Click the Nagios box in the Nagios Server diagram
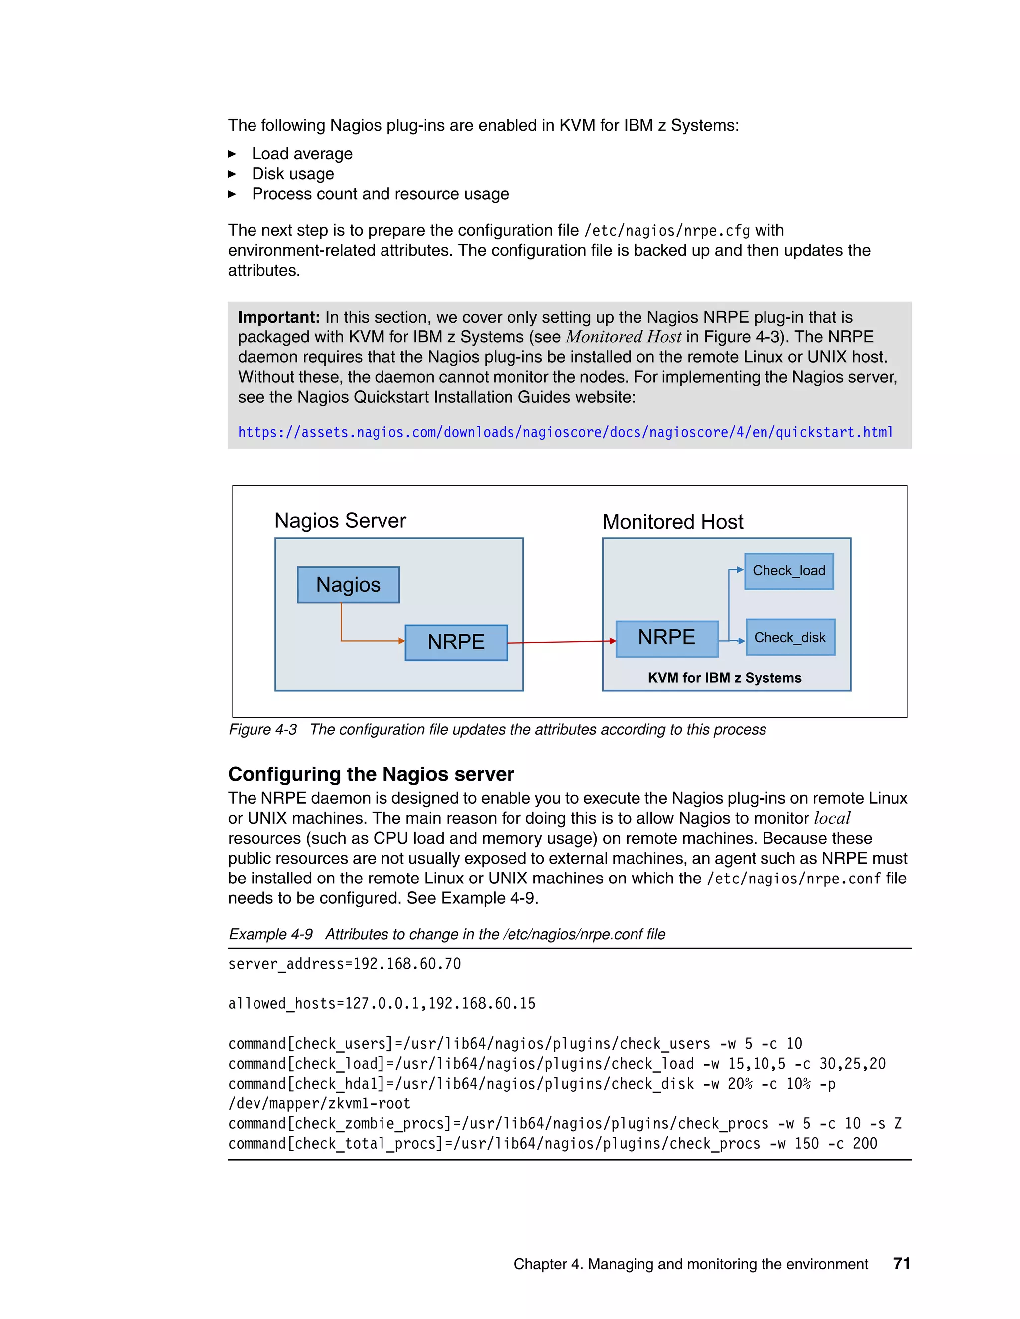tap(348, 585)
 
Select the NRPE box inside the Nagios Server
tap(456, 642)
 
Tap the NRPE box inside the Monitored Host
tap(666, 638)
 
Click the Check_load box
tap(788, 571)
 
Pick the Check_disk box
tap(790, 637)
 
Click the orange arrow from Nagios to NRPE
tap(363, 640)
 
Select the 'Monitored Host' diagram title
tap(672, 522)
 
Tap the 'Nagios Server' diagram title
tap(340, 521)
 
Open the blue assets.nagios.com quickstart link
tap(565, 433)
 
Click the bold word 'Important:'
tap(278, 317)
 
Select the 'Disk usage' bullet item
tap(292, 174)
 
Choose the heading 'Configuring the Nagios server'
tap(371, 774)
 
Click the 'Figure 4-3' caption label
tap(262, 730)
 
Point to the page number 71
tap(901, 1263)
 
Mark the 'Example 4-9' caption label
tap(270, 934)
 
